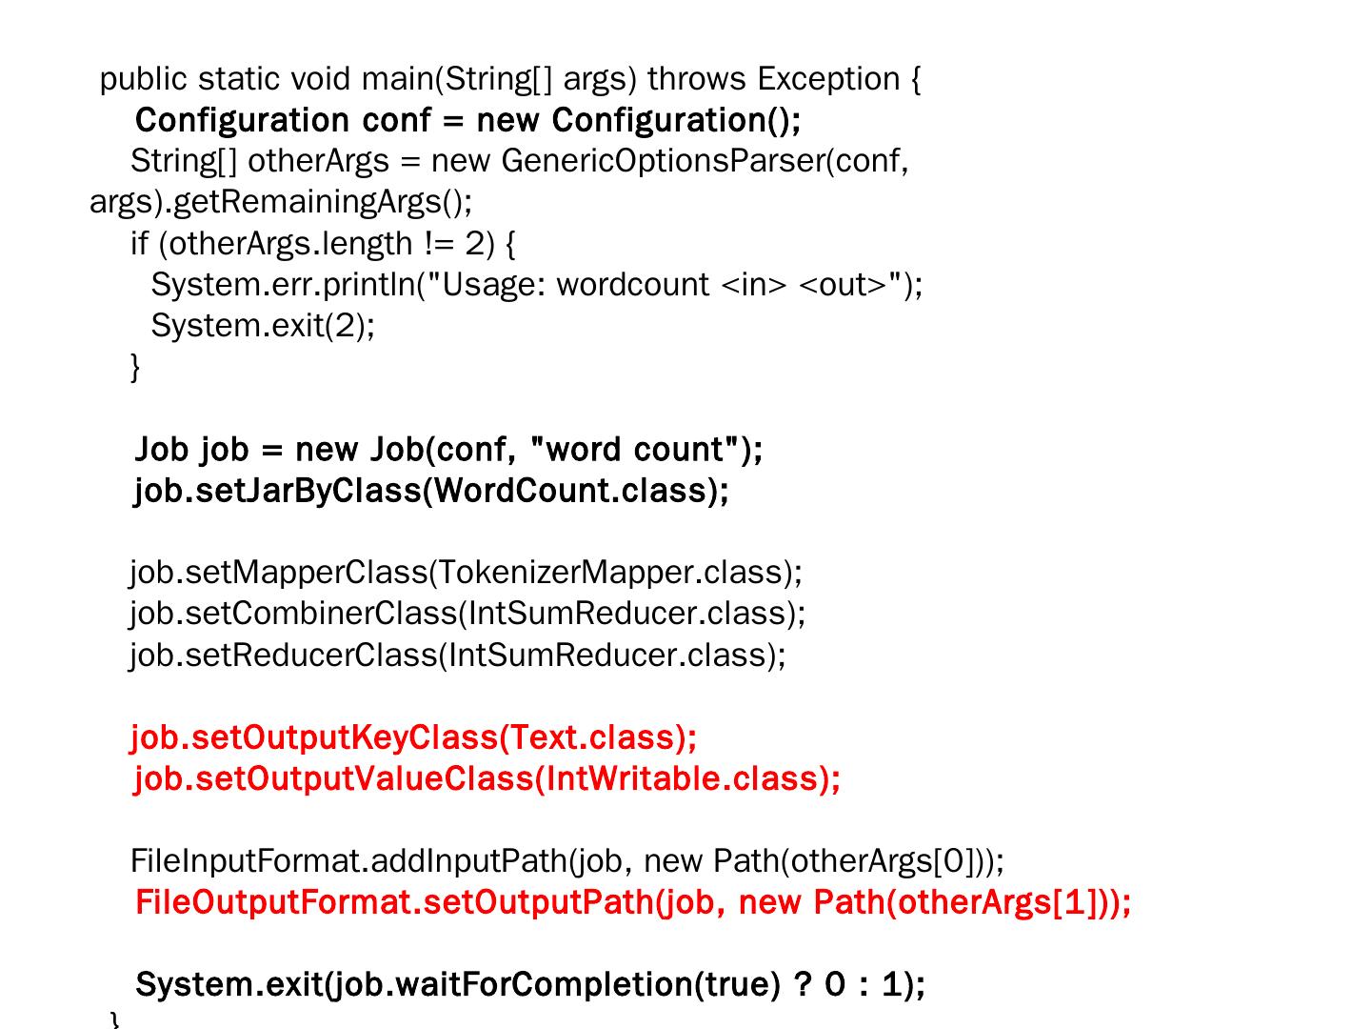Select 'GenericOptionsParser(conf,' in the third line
coord(705,161)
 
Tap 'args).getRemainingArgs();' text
coord(281,202)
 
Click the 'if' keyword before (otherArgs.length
coord(139,244)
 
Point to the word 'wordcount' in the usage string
coord(632,285)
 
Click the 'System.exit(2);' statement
coord(263,326)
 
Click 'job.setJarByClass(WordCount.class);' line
coord(431,491)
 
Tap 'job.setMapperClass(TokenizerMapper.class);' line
coord(466,573)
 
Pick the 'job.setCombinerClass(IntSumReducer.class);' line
coord(467,614)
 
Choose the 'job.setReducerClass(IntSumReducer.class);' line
coord(458,656)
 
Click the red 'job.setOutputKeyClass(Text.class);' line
coord(413,737)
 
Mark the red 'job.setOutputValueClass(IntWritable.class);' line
coord(487,779)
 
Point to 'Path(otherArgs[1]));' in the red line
coord(972,902)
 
